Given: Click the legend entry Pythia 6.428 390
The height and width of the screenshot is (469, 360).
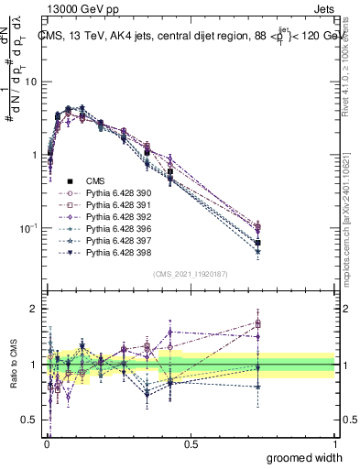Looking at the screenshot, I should tap(116, 193).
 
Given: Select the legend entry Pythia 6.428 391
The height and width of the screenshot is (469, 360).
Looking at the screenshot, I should tap(116, 205).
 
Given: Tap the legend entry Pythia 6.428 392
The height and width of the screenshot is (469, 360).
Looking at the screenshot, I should tap(116, 217).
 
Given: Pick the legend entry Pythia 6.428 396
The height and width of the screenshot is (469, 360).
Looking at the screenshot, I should tap(116, 229).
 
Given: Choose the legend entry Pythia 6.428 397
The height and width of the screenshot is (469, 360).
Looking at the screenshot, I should tap(116, 241).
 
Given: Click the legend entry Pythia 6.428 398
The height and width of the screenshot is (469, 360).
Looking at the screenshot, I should tap(116, 253).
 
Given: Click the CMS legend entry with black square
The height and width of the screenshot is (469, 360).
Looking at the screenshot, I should tap(96, 181).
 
